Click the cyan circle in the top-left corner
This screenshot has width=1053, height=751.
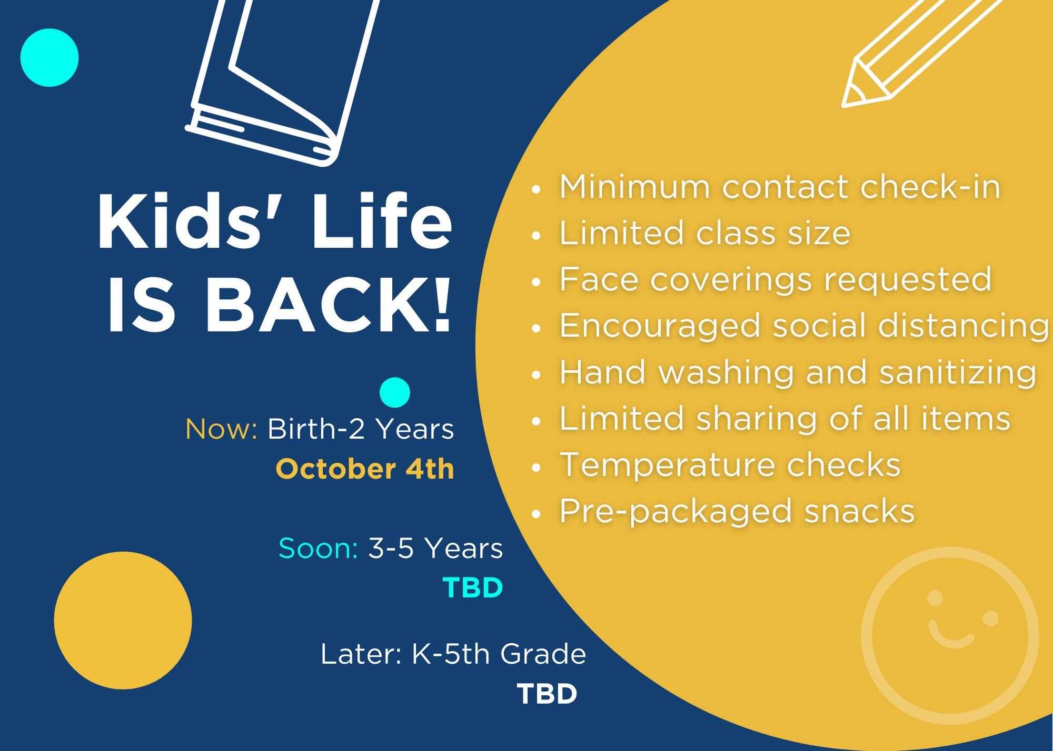[x=49, y=58]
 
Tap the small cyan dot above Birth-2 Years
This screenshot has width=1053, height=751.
[x=395, y=392]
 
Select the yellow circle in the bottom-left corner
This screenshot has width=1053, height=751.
[x=123, y=621]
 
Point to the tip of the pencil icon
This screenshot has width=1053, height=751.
[x=843, y=106]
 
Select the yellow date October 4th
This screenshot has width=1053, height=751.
[x=365, y=469]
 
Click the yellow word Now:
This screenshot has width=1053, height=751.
[x=221, y=429]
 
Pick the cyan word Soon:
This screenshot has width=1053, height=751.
[x=318, y=549]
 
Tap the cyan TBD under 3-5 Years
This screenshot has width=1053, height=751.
[x=473, y=588]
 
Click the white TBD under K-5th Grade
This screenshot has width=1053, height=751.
[x=547, y=694]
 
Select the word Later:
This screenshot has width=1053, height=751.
[x=361, y=654]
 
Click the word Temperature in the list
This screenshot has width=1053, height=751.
[x=667, y=465]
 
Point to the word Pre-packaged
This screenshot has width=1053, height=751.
[x=675, y=512]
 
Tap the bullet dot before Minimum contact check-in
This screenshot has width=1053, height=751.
[x=537, y=189]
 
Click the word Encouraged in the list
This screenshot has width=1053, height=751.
[x=660, y=326]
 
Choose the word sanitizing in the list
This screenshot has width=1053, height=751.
[x=958, y=373]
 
